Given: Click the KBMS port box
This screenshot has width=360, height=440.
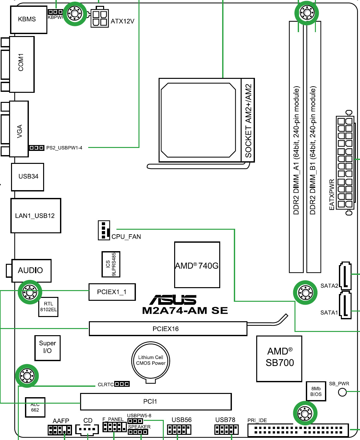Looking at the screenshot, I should pos(29,19).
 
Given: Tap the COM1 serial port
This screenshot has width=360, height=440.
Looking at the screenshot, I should pos(22,64).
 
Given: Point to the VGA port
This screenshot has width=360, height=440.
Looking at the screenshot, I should pos(19,129).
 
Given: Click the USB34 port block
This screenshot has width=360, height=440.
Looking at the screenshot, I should pos(28,177).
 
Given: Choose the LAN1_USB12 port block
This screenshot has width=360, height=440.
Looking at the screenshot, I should pos(36,216).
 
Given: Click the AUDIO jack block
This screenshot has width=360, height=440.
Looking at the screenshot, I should pos(31,271).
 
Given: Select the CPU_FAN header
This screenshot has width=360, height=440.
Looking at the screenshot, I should pos(104,230).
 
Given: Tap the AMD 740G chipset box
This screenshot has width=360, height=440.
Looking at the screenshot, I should pos(197,265).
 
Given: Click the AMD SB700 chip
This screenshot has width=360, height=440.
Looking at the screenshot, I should pos(279,358).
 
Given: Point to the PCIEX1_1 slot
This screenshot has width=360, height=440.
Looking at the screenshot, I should pos(112,292).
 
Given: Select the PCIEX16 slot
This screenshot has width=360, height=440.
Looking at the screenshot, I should pos(168,329).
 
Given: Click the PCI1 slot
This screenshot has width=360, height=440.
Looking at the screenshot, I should pos(156,402).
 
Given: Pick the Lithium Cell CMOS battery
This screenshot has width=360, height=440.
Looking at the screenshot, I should pos(150,361).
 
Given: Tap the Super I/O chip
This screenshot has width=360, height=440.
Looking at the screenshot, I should pos(47,348).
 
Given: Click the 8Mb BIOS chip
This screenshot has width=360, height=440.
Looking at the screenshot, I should pos(316,391).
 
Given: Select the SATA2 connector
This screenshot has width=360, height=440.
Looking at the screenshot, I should pos(345,275).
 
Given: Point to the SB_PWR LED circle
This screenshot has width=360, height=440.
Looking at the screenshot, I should pos(342,392).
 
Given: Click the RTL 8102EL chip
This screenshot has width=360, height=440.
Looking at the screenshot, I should pos(48,307).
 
